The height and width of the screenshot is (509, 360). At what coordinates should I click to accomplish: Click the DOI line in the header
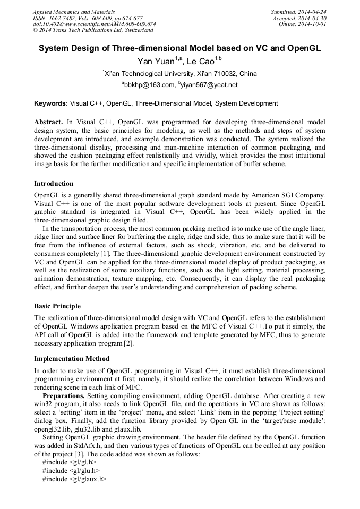pos(94,24)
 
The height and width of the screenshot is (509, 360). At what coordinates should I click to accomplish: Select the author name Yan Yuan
pos(156,61)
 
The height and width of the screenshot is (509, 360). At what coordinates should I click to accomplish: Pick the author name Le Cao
pos(201,61)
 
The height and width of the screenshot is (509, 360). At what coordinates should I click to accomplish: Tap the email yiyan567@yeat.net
pos(209,85)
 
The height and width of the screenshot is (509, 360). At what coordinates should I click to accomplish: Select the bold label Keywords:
pos(51,103)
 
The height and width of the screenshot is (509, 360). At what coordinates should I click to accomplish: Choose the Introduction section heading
pos(54,184)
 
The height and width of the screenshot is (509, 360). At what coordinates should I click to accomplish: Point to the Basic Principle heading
pos(57,306)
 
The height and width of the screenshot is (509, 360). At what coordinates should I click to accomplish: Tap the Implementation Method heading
pos(72,359)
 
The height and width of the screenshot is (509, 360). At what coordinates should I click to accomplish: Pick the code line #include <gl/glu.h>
pos(71,470)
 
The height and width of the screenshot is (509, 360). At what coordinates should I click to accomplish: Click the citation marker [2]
pos(128,343)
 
